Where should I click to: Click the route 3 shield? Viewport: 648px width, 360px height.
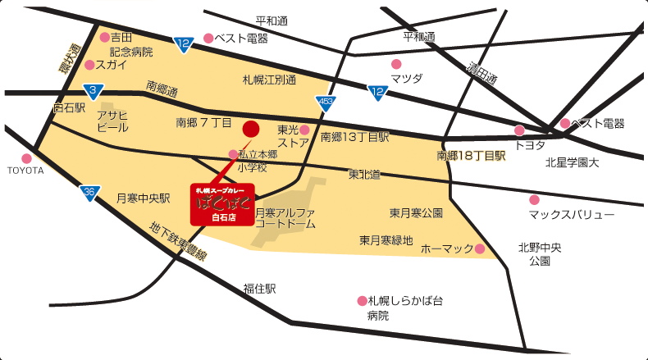[x=94, y=89]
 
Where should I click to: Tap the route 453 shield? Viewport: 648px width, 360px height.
[x=326, y=102]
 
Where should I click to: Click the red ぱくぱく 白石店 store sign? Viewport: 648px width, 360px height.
[x=222, y=203]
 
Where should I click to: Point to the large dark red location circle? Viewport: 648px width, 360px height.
[x=251, y=129]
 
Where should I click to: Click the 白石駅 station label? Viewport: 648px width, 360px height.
[x=69, y=107]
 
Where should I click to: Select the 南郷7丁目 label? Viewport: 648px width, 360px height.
[x=204, y=123]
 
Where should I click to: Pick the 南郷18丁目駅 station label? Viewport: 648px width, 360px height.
[x=471, y=155]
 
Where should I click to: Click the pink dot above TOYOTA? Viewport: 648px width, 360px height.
[x=26, y=158]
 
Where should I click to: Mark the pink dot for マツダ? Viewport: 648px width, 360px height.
[x=396, y=64]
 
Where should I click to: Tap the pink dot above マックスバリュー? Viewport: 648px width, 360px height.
[x=535, y=199]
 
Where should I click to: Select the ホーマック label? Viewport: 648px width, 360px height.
[x=446, y=248]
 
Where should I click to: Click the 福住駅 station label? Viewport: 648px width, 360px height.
[x=259, y=289]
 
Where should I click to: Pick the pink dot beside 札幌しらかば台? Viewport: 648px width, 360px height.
[x=362, y=301]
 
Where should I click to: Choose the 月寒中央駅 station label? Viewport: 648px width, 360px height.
[x=142, y=198]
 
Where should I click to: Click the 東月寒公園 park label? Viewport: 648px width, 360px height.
[x=416, y=213]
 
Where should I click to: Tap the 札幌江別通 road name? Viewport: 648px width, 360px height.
[x=268, y=80]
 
